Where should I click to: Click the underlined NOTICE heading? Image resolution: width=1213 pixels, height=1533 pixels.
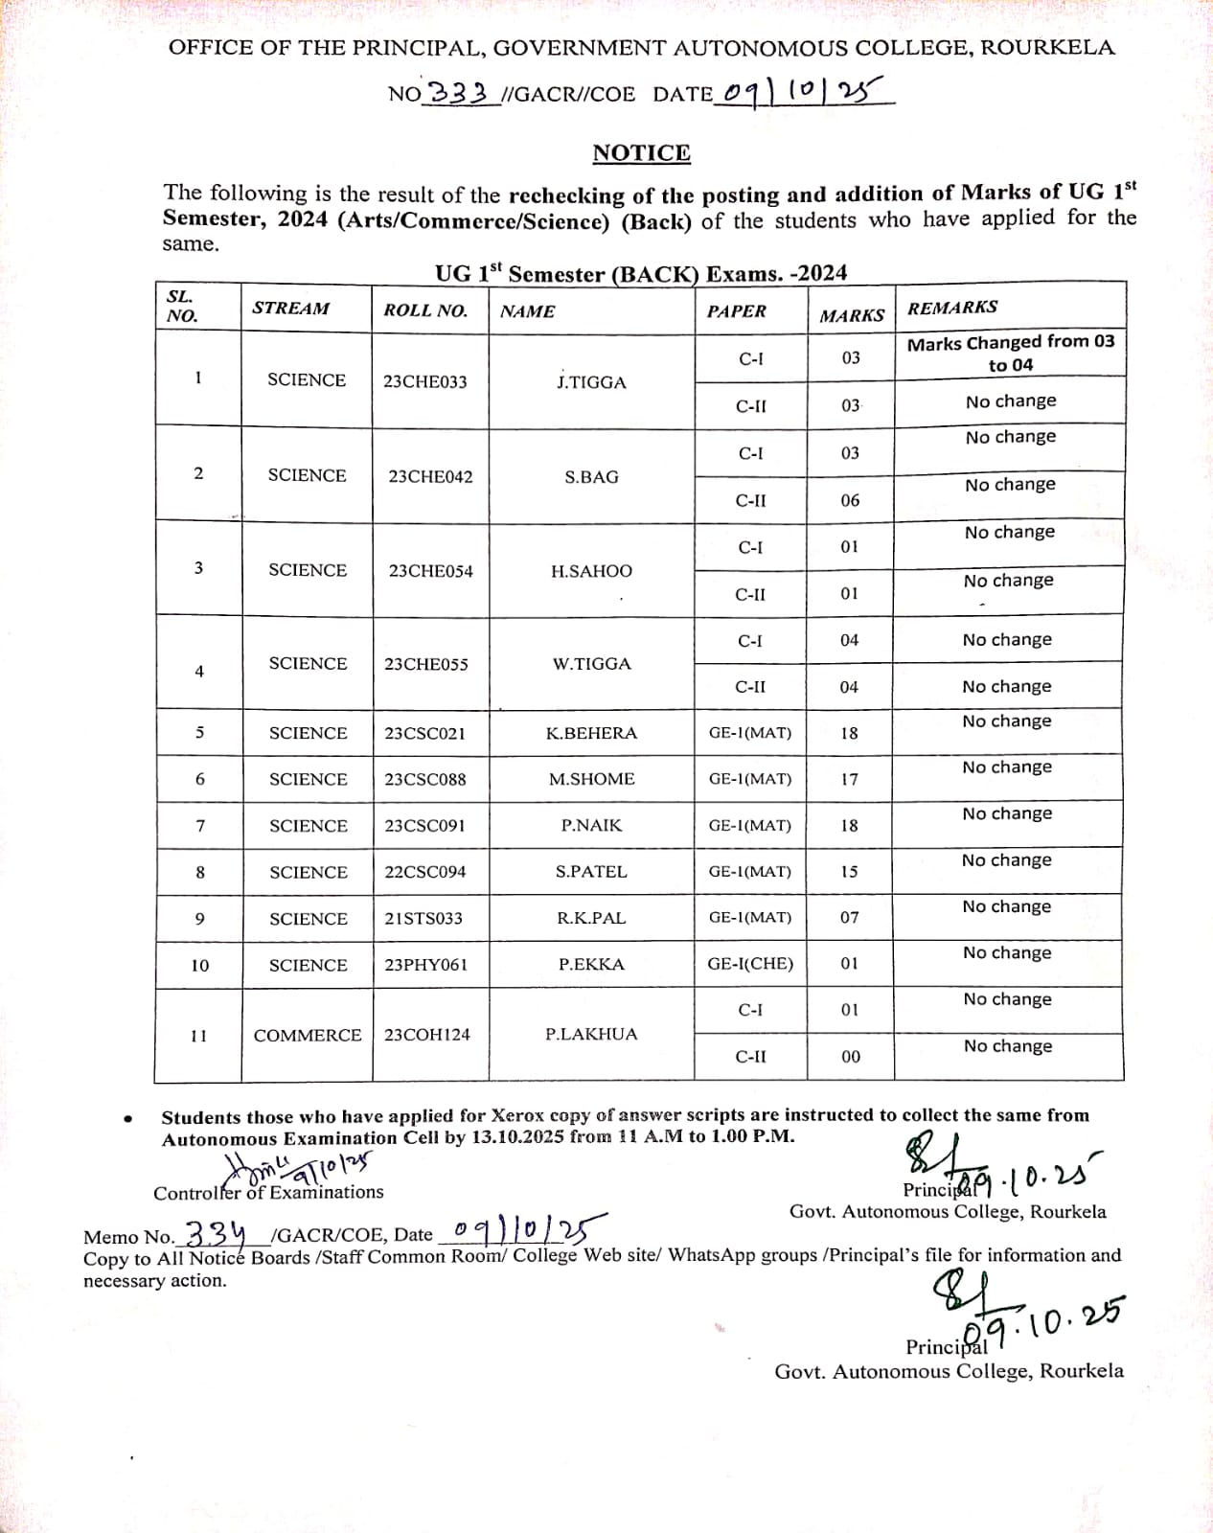click(641, 153)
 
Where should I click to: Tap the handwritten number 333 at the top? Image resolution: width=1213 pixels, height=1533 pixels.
click(459, 93)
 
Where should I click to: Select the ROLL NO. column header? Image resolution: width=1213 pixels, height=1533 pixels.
click(425, 310)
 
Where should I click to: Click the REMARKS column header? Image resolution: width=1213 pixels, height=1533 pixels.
click(952, 308)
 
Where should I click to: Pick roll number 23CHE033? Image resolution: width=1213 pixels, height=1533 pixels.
click(425, 381)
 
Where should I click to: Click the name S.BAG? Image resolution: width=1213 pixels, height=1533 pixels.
click(591, 477)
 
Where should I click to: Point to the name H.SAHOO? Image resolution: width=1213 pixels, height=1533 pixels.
click(591, 571)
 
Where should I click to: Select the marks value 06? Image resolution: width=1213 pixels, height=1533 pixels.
click(850, 500)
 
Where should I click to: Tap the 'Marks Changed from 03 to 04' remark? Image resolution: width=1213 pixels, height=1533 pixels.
click(1011, 353)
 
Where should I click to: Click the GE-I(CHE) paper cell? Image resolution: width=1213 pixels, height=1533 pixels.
click(750, 964)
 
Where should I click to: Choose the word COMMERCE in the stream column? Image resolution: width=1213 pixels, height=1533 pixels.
click(308, 1036)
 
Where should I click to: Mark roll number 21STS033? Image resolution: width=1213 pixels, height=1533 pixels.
click(423, 918)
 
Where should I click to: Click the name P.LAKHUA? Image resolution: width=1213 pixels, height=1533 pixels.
click(591, 1034)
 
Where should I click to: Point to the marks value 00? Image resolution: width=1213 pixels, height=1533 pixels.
click(850, 1057)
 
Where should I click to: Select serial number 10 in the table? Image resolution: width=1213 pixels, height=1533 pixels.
click(199, 966)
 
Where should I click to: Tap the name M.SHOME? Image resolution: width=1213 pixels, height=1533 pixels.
click(591, 779)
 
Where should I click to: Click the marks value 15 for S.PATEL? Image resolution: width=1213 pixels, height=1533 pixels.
click(849, 872)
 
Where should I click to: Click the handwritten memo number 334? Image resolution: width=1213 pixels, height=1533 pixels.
click(215, 1232)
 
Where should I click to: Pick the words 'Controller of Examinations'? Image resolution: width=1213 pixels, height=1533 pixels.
click(268, 1193)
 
